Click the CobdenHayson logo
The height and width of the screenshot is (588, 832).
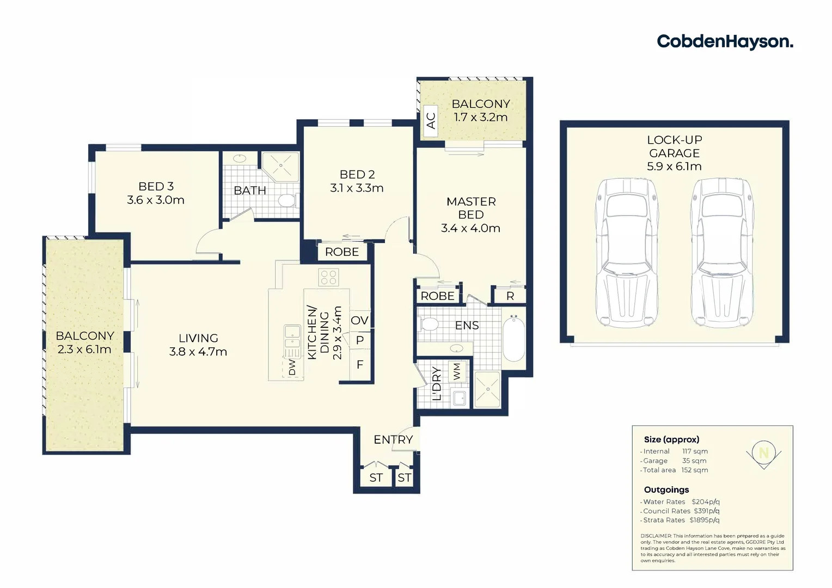pos(724,42)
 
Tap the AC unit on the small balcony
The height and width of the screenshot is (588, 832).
pos(431,120)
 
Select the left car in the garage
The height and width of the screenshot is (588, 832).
pos(627,253)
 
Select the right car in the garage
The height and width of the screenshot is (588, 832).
pos(721,253)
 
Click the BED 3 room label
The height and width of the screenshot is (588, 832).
pos(156,187)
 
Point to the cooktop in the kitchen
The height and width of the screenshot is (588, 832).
pos(328,278)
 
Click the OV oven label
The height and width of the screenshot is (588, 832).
pos(359,320)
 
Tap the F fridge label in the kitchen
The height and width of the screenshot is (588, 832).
pos(359,365)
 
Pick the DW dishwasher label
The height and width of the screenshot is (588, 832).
pos(292,367)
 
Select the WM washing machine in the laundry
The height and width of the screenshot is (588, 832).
pos(456,372)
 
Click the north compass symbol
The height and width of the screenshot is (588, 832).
pos(763,454)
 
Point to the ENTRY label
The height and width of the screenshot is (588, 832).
pos(393,439)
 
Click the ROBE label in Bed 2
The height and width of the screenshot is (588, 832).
pos(342,252)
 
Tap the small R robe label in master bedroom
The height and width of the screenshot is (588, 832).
pos(510,296)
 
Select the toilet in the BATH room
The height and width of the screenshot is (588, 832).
pos(286,200)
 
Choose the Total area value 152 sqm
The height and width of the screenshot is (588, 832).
pos(694,470)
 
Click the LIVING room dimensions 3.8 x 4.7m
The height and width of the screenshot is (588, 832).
pos(198,352)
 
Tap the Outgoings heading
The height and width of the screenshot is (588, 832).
pos(666,489)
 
